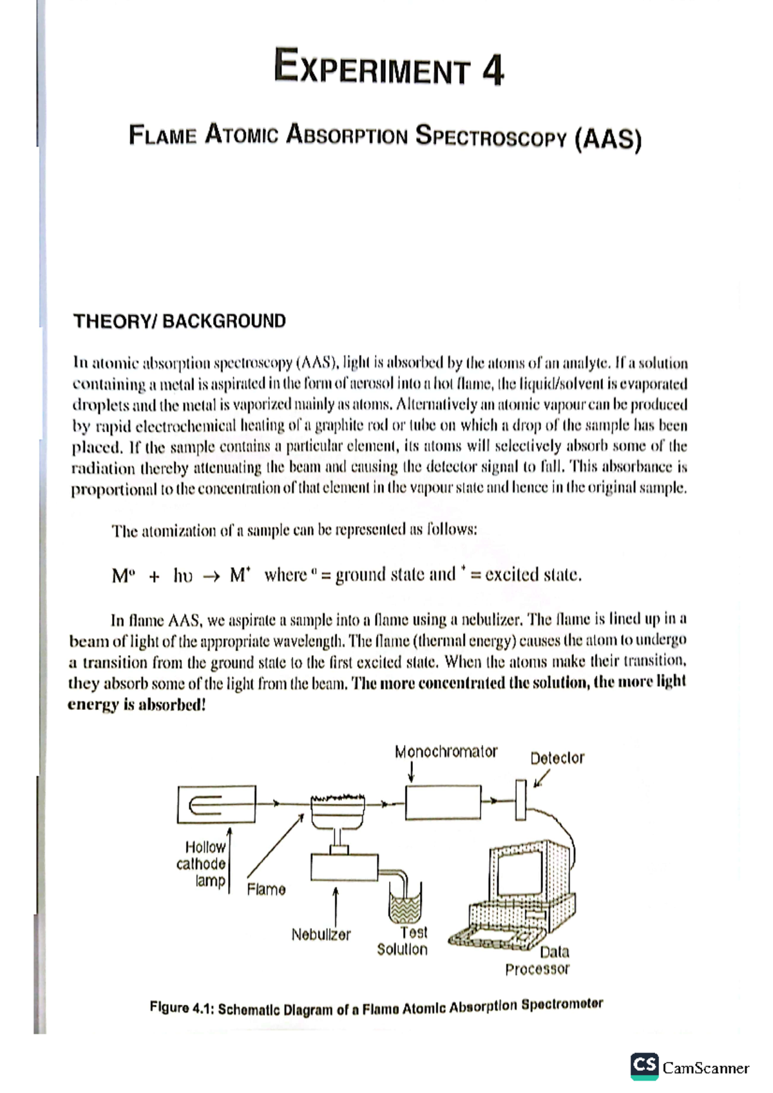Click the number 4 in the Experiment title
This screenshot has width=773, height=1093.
coord(492,70)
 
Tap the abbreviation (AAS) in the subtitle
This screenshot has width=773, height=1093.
coord(607,138)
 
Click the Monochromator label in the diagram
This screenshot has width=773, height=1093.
coord(446,751)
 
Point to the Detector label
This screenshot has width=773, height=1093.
coord(557,758)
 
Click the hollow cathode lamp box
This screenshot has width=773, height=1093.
coord(216,804)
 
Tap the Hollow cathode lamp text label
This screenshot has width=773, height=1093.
coord(202,864)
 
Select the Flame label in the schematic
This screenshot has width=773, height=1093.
coord(266,890)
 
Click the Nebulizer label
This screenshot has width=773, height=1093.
coord(321,935)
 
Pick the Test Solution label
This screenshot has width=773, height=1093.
coord(403,941)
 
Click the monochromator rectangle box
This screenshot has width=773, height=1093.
coord(443,802)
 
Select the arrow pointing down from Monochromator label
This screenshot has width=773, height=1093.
coord(411,771)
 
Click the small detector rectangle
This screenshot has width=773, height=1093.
coord(520,800)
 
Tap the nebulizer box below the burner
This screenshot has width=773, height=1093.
coord(344,867)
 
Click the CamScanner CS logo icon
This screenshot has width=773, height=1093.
coord(644,1065)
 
